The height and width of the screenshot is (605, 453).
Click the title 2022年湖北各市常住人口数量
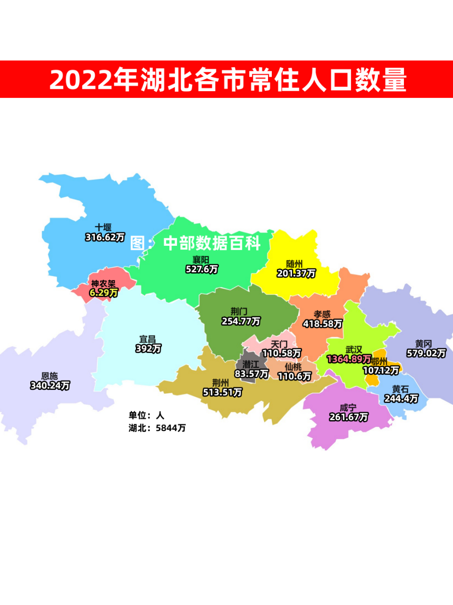(x=227, y=79)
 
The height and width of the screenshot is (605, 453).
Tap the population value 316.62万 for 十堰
(x=105, y=237)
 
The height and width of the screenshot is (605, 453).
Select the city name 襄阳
(x=201, y=260)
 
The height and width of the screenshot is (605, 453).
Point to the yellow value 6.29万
(x=104, y=293)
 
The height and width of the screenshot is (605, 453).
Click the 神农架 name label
(x=103, y=284)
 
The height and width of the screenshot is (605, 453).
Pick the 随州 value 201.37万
(x=296, y=274)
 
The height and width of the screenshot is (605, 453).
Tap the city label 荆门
(x=239, y=311)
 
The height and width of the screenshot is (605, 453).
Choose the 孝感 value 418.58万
(x=322, y=324)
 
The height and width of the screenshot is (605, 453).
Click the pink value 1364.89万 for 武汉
(x=349, y=359)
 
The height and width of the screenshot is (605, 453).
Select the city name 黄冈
(x=423, y=344)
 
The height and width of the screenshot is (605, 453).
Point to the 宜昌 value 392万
(x=148, y=349)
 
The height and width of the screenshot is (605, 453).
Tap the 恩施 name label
(x=50, y=376)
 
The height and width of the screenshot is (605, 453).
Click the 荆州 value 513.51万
(x=222, y=392)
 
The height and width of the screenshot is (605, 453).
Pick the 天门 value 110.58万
(x=282, y=353)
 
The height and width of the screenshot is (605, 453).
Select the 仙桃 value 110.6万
(x=294, y=376)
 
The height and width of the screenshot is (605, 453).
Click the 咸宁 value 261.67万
(x=348, y=417)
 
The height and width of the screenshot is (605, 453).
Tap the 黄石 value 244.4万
(x=401, y=399)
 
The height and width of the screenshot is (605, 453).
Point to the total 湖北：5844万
(x=157, y=428)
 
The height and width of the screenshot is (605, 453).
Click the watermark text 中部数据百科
(x=212, y=243)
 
